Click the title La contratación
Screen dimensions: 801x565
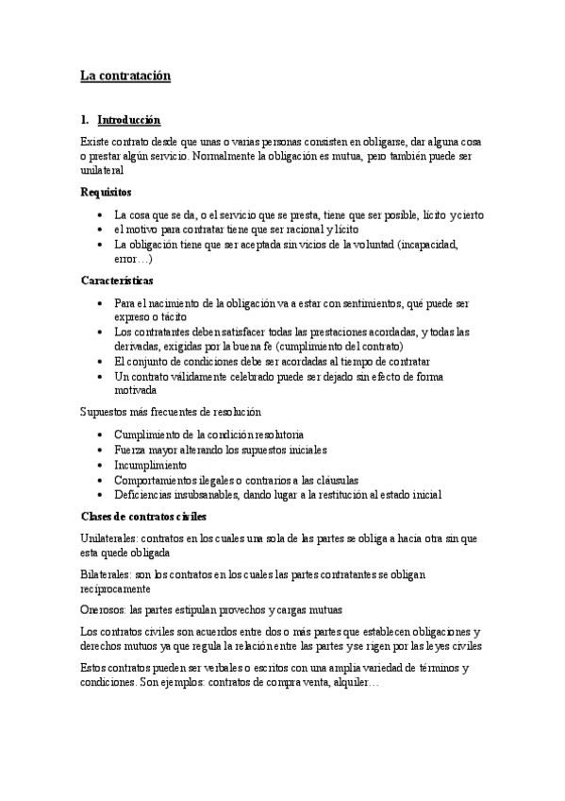pos(125,76)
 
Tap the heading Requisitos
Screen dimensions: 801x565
pos(106,192)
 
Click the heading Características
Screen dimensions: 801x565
pos(116,281)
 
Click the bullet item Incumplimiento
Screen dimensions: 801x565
pos(150,465)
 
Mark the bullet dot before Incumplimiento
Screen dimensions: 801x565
pos(101,465)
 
